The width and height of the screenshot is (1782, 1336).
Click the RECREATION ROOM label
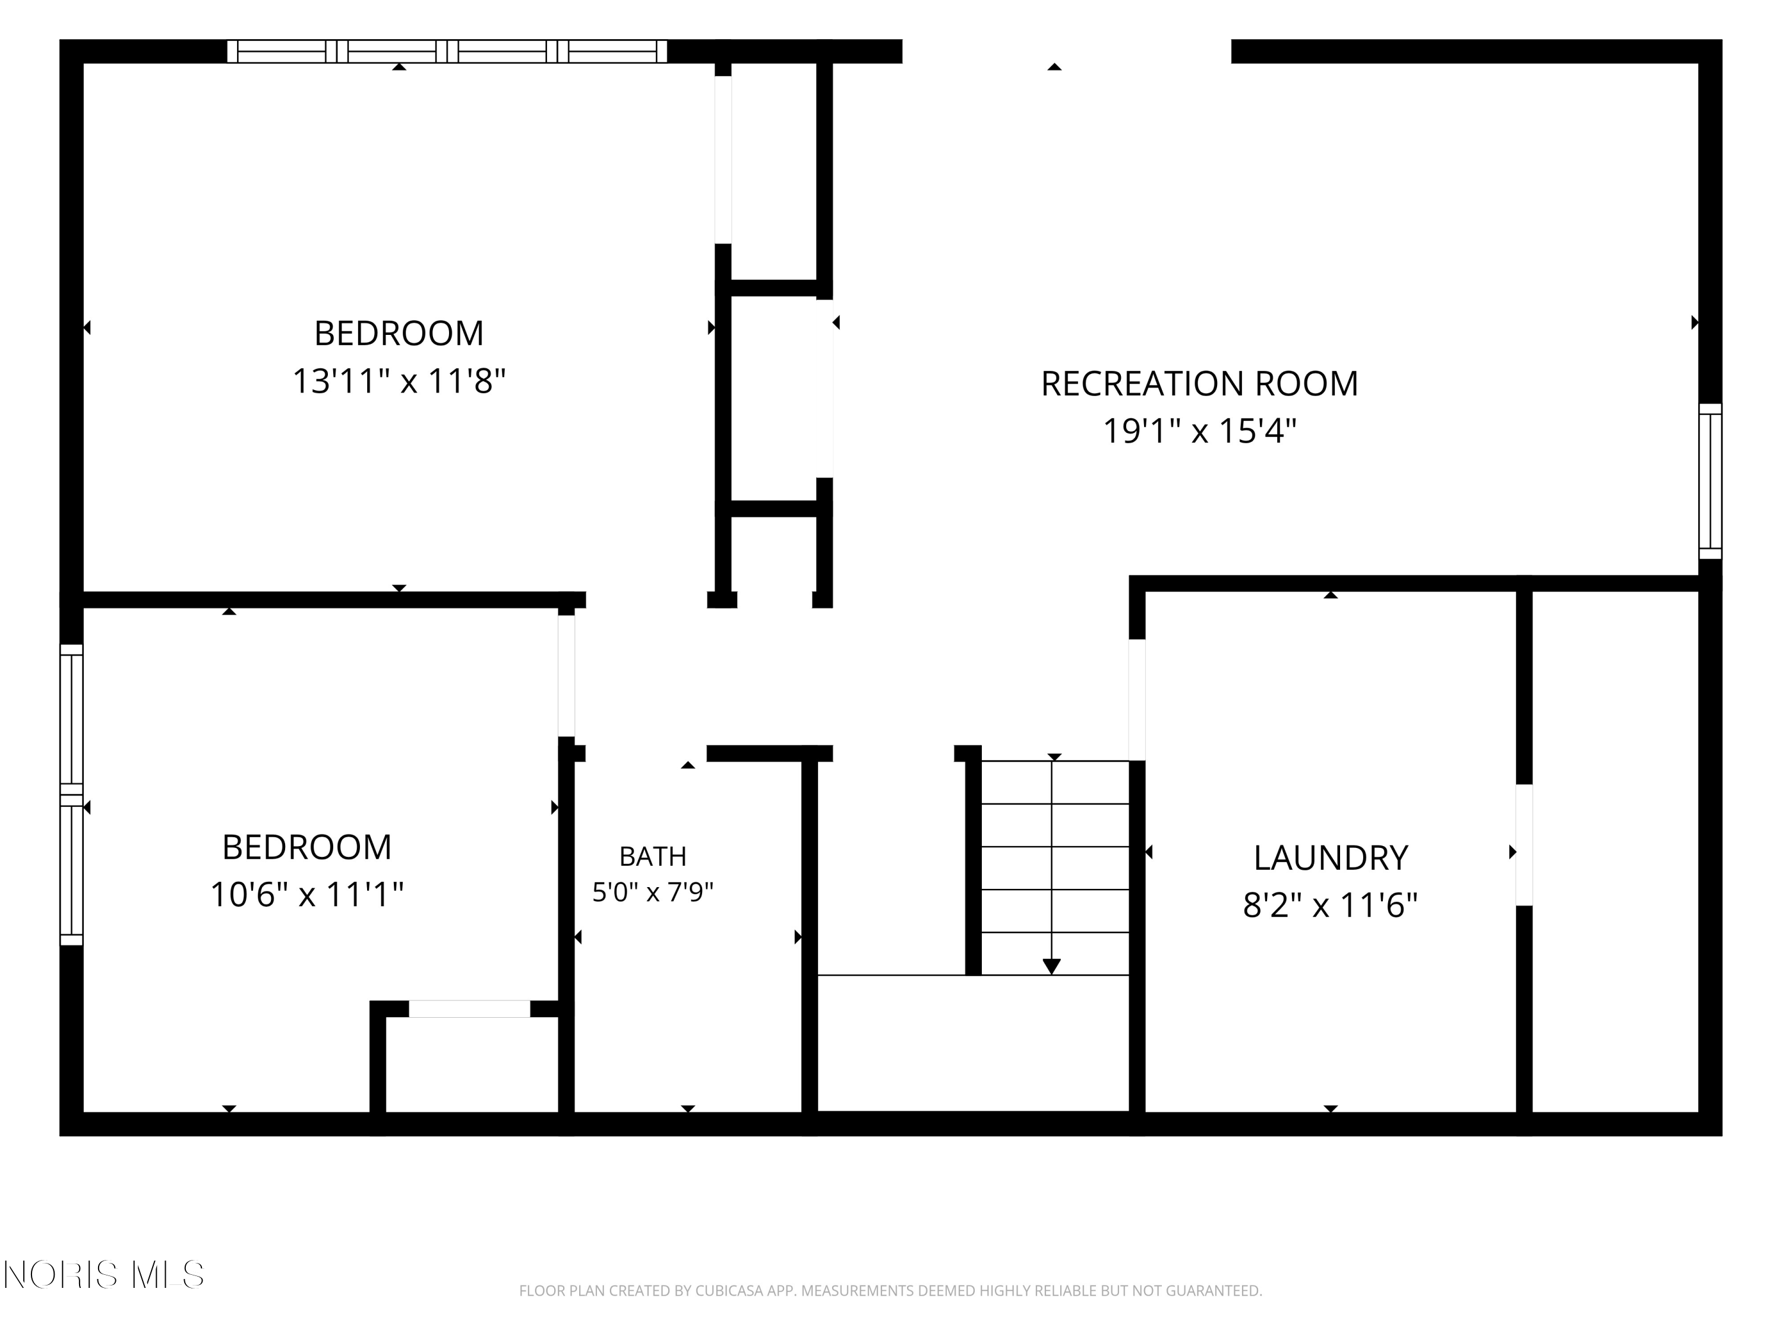click(x=1199, y=384)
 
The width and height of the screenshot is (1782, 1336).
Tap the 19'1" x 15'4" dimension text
click(x=1199, y=431)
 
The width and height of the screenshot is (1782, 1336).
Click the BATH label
click(x=653, y=856)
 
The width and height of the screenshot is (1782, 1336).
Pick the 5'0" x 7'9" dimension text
click(x=653, y=892)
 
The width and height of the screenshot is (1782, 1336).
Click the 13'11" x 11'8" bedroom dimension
click(x=399, y=381)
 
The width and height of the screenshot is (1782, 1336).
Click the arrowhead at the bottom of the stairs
click(x=1051, y=966)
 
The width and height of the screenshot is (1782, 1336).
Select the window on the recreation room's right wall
click(x=1710, y=481)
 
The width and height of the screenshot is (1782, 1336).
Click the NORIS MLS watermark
click(x=104, y=1275)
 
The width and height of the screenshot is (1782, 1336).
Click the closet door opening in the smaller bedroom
click(x=470, y=1008)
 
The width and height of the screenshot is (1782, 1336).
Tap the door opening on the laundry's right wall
click(x=1524, y=845)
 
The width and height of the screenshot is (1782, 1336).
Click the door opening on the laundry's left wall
click(x=1137, y=699)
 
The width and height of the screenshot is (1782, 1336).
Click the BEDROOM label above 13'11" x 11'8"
click(x=399, y=333)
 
